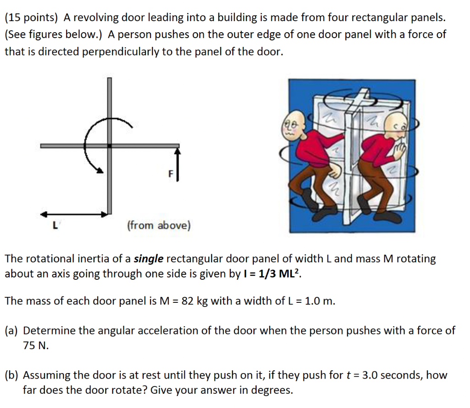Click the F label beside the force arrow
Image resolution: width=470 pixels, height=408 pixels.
(170, 174)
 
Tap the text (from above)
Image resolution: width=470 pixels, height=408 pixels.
(158, 226)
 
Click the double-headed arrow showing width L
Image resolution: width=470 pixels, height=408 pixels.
(76, 214)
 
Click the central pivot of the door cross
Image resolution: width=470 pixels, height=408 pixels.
(110, 146)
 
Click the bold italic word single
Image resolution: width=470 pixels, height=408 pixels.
(148, 259)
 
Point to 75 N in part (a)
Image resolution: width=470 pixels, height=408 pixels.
(36, 346)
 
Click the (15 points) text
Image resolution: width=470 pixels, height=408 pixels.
(31, 18)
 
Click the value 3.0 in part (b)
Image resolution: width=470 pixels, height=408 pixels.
(371, 375)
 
